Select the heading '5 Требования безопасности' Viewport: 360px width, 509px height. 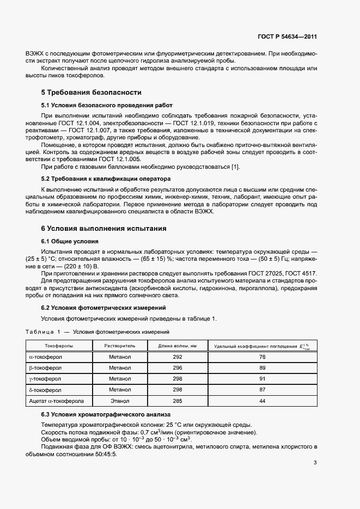tap(91, 93)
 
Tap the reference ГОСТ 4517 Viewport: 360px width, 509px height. tap(300, 273)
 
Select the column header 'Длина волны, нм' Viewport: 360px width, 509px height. tap(177, 346)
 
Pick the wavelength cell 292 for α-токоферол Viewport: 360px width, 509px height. tap(177, 357)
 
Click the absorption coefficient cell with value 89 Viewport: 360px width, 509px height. tap(262, 368)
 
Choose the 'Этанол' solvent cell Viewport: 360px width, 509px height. tap(120, 401)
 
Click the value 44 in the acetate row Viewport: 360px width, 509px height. tap(262, 401)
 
